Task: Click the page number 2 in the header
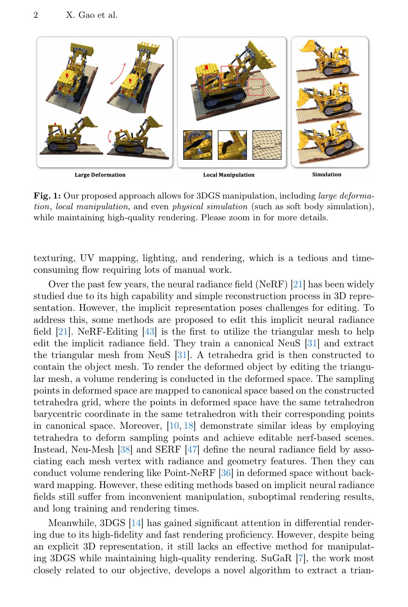(36, 15)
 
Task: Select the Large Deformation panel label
(100, 175)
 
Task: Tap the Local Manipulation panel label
(228, 175)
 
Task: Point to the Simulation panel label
(326, 174)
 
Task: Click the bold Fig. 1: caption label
(47, 196)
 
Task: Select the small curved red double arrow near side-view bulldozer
(109, 136)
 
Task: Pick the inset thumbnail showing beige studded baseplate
(267, 145)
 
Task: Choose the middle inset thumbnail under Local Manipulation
(232, 145)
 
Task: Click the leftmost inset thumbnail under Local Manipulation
(198, 145)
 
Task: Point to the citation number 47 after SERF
(192, 450)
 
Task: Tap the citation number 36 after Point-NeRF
(226, 473)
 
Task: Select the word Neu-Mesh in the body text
(93, 450)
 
